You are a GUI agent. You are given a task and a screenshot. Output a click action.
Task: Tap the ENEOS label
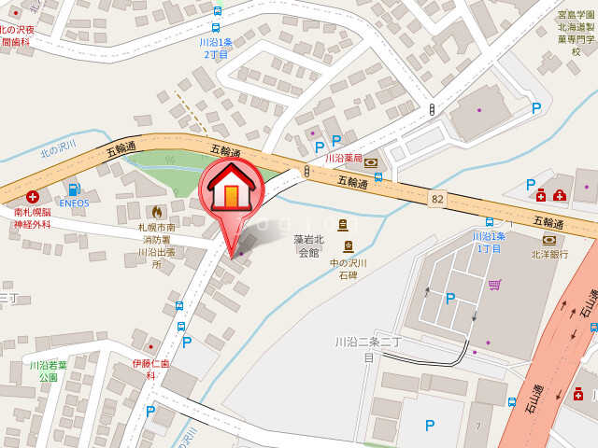coord(74,203)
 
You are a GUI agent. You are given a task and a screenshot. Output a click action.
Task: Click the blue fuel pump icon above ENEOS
coord(74,189)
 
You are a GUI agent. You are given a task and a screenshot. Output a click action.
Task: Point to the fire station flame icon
coord(157,212)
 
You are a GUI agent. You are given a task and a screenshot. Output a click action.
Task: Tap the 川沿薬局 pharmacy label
coord(344,159)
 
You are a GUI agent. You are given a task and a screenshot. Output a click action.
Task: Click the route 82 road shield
coord(437,199)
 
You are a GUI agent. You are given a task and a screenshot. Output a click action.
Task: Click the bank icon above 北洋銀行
coord(548,240)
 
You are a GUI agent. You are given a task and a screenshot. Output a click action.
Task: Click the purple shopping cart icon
coord(494,284)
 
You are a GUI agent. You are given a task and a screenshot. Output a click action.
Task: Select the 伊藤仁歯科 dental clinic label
coord(150,369)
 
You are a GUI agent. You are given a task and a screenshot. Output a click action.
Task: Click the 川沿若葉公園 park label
coord(48,371)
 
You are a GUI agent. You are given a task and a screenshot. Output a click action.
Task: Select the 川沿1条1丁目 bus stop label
coord(489,243)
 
